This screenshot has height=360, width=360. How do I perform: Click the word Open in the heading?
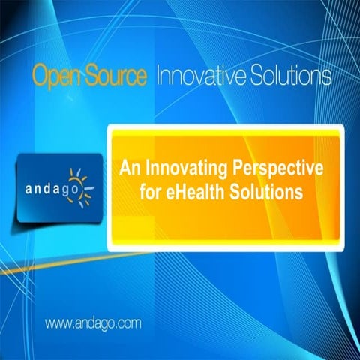pyautogui.click(x=53, y=76)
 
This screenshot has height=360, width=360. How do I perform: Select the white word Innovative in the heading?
pyautogui.click(x=199, y=75)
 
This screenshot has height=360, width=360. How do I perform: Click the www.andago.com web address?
pyautogui.click(x=94, y=324)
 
